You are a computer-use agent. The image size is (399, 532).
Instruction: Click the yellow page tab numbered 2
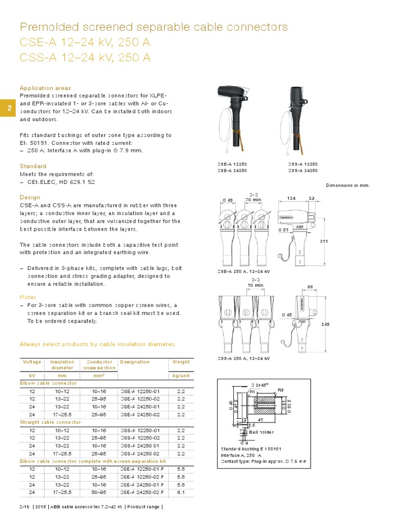9,108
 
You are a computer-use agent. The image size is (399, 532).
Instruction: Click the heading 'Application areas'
45,88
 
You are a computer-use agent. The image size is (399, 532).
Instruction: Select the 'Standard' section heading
33,166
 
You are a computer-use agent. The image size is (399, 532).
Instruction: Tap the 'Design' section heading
30,197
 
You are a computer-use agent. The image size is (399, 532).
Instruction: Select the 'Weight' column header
181,362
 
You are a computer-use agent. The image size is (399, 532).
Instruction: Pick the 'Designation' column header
135,362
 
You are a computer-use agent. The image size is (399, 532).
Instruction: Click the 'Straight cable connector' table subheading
50,422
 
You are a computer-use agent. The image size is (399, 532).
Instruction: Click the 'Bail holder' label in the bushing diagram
261,432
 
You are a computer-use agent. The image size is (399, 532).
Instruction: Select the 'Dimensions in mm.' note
348,185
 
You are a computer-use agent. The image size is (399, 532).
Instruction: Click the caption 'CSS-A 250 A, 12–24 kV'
243,359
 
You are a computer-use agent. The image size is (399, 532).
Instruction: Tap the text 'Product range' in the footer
146,507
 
